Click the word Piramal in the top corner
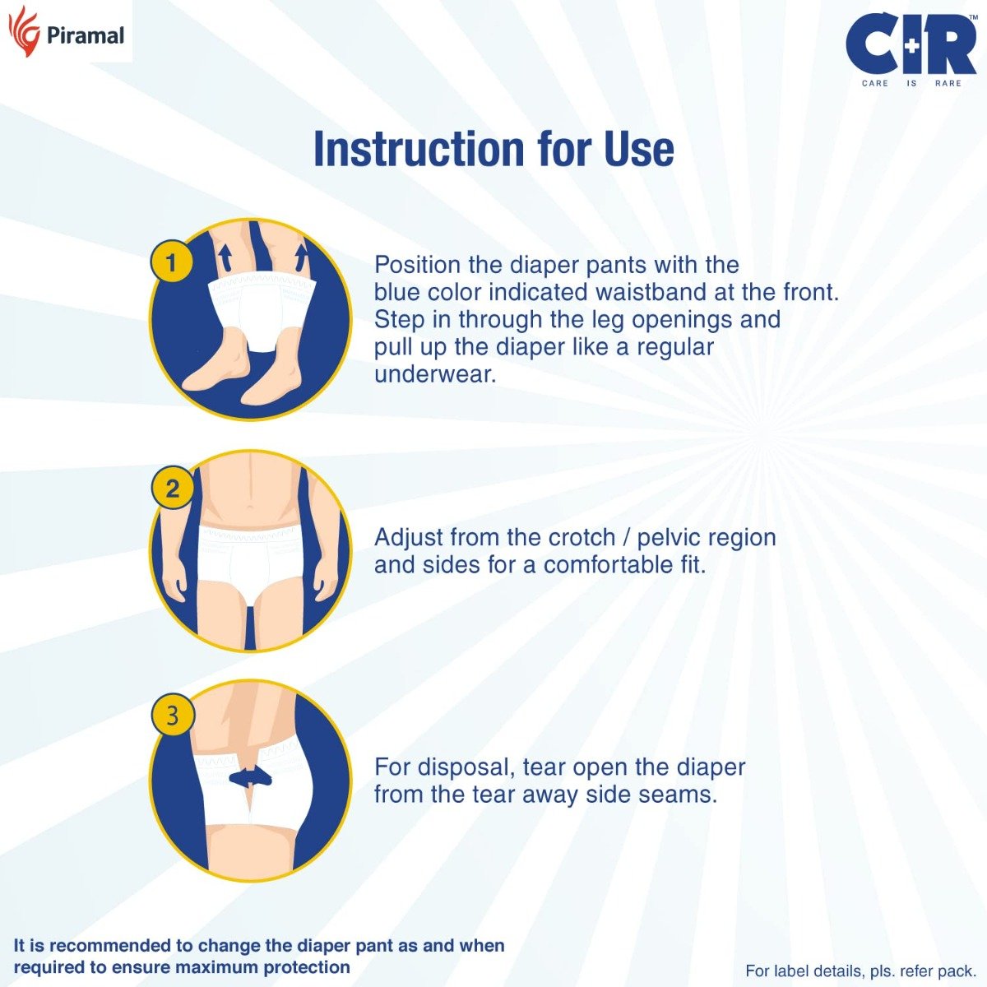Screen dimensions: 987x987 (x=86, y=35)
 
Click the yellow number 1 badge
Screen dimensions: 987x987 (x=171, y=263)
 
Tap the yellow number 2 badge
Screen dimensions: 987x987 (x=172, y=489)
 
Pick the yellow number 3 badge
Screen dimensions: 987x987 (x=172, y=715)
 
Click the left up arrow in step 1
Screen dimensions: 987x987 (x=223, y=257)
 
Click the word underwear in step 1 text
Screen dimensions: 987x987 (x=435, y=375)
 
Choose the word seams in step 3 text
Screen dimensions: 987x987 (x=680, y=795)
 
